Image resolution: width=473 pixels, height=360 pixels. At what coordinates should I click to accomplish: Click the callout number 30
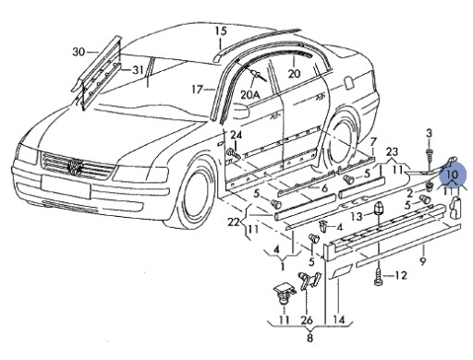79,52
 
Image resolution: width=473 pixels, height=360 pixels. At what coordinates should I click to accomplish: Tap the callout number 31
138,70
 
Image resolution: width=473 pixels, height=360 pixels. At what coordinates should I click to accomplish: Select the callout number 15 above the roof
221,31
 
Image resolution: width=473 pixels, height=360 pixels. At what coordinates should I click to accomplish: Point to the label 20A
249,94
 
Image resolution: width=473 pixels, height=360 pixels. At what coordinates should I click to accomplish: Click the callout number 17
197,90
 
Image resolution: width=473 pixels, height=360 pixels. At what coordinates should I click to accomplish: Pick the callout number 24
236,135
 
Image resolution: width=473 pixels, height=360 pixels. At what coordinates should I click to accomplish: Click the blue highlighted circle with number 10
453,174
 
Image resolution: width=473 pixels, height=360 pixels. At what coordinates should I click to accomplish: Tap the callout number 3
430,133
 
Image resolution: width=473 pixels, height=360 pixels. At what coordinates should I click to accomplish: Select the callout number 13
357,216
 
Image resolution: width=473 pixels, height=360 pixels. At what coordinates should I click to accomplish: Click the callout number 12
401,275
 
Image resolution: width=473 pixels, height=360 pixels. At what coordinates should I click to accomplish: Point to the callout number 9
423,261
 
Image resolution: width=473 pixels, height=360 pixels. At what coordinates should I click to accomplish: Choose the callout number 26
307,320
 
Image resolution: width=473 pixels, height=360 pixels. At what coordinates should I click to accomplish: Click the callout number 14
338,320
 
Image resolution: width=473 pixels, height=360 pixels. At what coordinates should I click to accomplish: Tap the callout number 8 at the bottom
310,338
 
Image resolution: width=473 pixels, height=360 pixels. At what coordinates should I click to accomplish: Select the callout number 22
234,222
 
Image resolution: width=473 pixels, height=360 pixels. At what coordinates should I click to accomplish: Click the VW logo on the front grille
75,167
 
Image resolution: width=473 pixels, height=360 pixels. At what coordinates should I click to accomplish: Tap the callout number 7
373,142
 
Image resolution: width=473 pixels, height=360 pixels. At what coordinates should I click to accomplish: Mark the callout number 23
392,151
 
